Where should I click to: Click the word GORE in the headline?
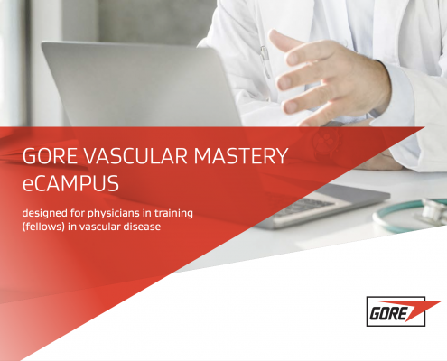[x=50, y=156]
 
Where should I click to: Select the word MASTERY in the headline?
[x=241, y=156]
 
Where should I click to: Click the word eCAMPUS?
[x=70, y=183]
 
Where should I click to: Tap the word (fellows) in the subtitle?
[x=43, y=227]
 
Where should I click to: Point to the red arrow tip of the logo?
[x=441, y=301]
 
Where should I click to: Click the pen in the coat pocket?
[x=265, y=61]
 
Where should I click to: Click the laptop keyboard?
[x=304, y=207]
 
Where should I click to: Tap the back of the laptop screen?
[x=142, y=85]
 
